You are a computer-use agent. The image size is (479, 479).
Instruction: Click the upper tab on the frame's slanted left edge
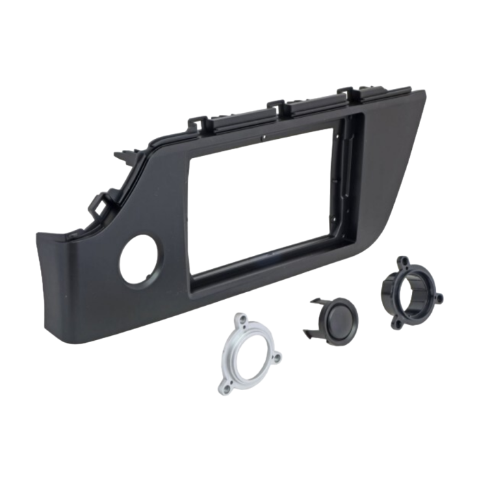pos(125,157)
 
